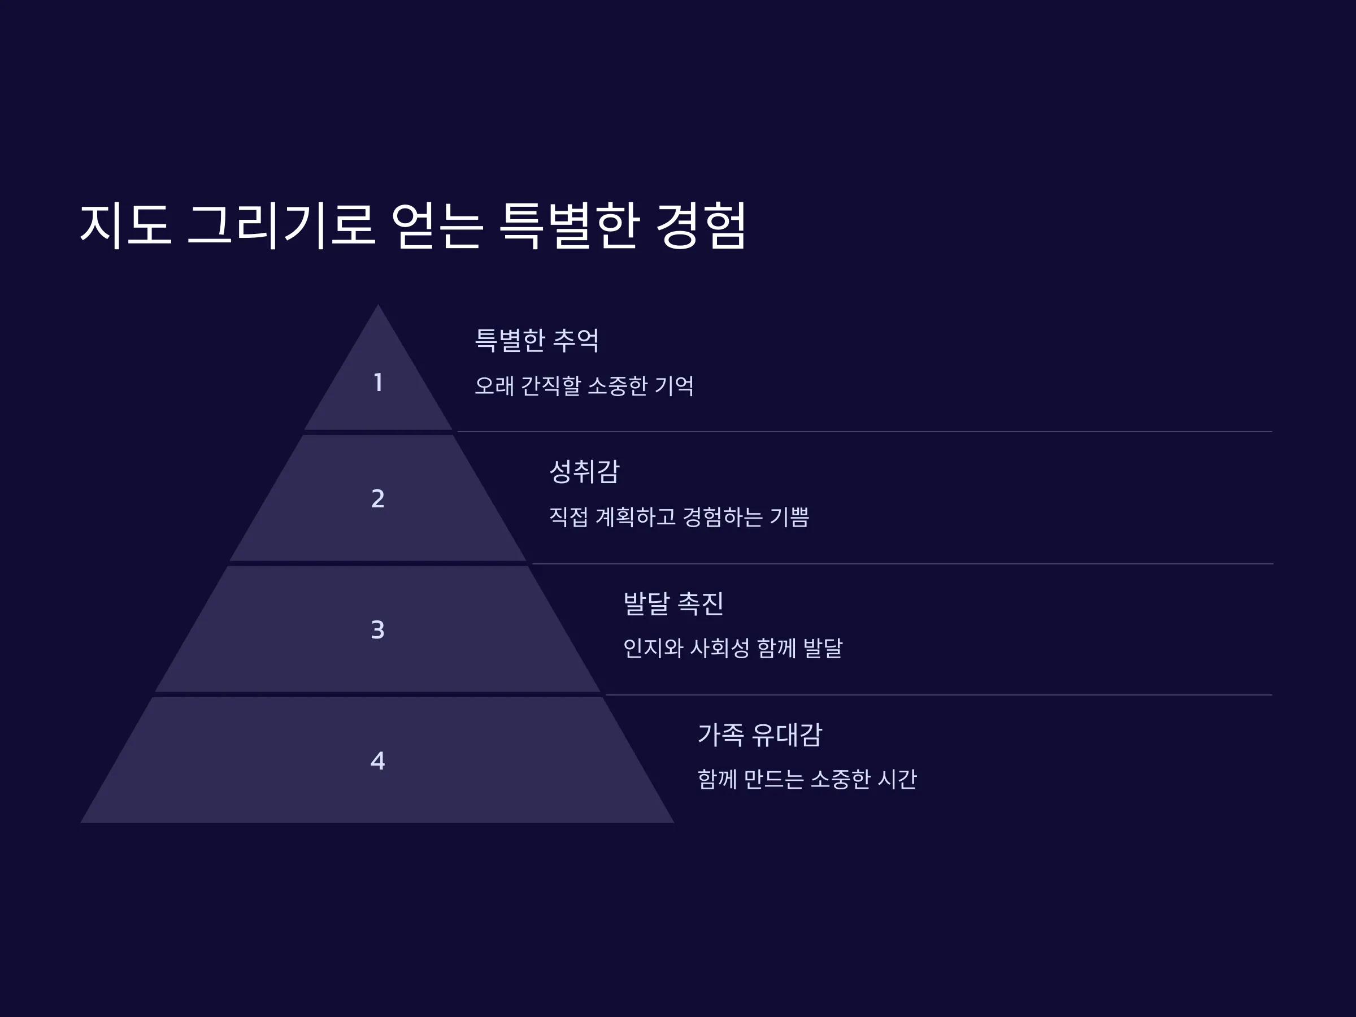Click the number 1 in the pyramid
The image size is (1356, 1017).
click(x=378, y=383)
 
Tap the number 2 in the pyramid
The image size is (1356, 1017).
click(x=378, y=498)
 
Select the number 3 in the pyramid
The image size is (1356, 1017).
click(x=378, y=629)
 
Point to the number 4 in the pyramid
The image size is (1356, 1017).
click(x=378, y=760)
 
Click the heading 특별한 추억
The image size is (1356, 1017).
click(x=537, y=340)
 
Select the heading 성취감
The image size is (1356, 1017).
click(x=584, y=471)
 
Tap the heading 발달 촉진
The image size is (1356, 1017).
click(x=673, y=603)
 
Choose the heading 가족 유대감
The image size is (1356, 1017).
click(x=759, y=734)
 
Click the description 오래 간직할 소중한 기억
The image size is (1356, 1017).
click(x=584, y=385)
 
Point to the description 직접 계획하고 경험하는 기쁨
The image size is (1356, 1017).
click(x=679, y=517)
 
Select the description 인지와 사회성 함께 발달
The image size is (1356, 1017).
click(x=733, y=648)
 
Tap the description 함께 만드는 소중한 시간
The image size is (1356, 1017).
click(x=807, y=779)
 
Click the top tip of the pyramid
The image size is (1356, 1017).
click(x=377, y=305)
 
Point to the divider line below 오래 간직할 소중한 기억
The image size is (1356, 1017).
click(x=865, y=432)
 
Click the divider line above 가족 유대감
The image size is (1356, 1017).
click(x=938, y=695)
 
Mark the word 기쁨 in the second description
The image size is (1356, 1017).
click(x=789, y=517)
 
